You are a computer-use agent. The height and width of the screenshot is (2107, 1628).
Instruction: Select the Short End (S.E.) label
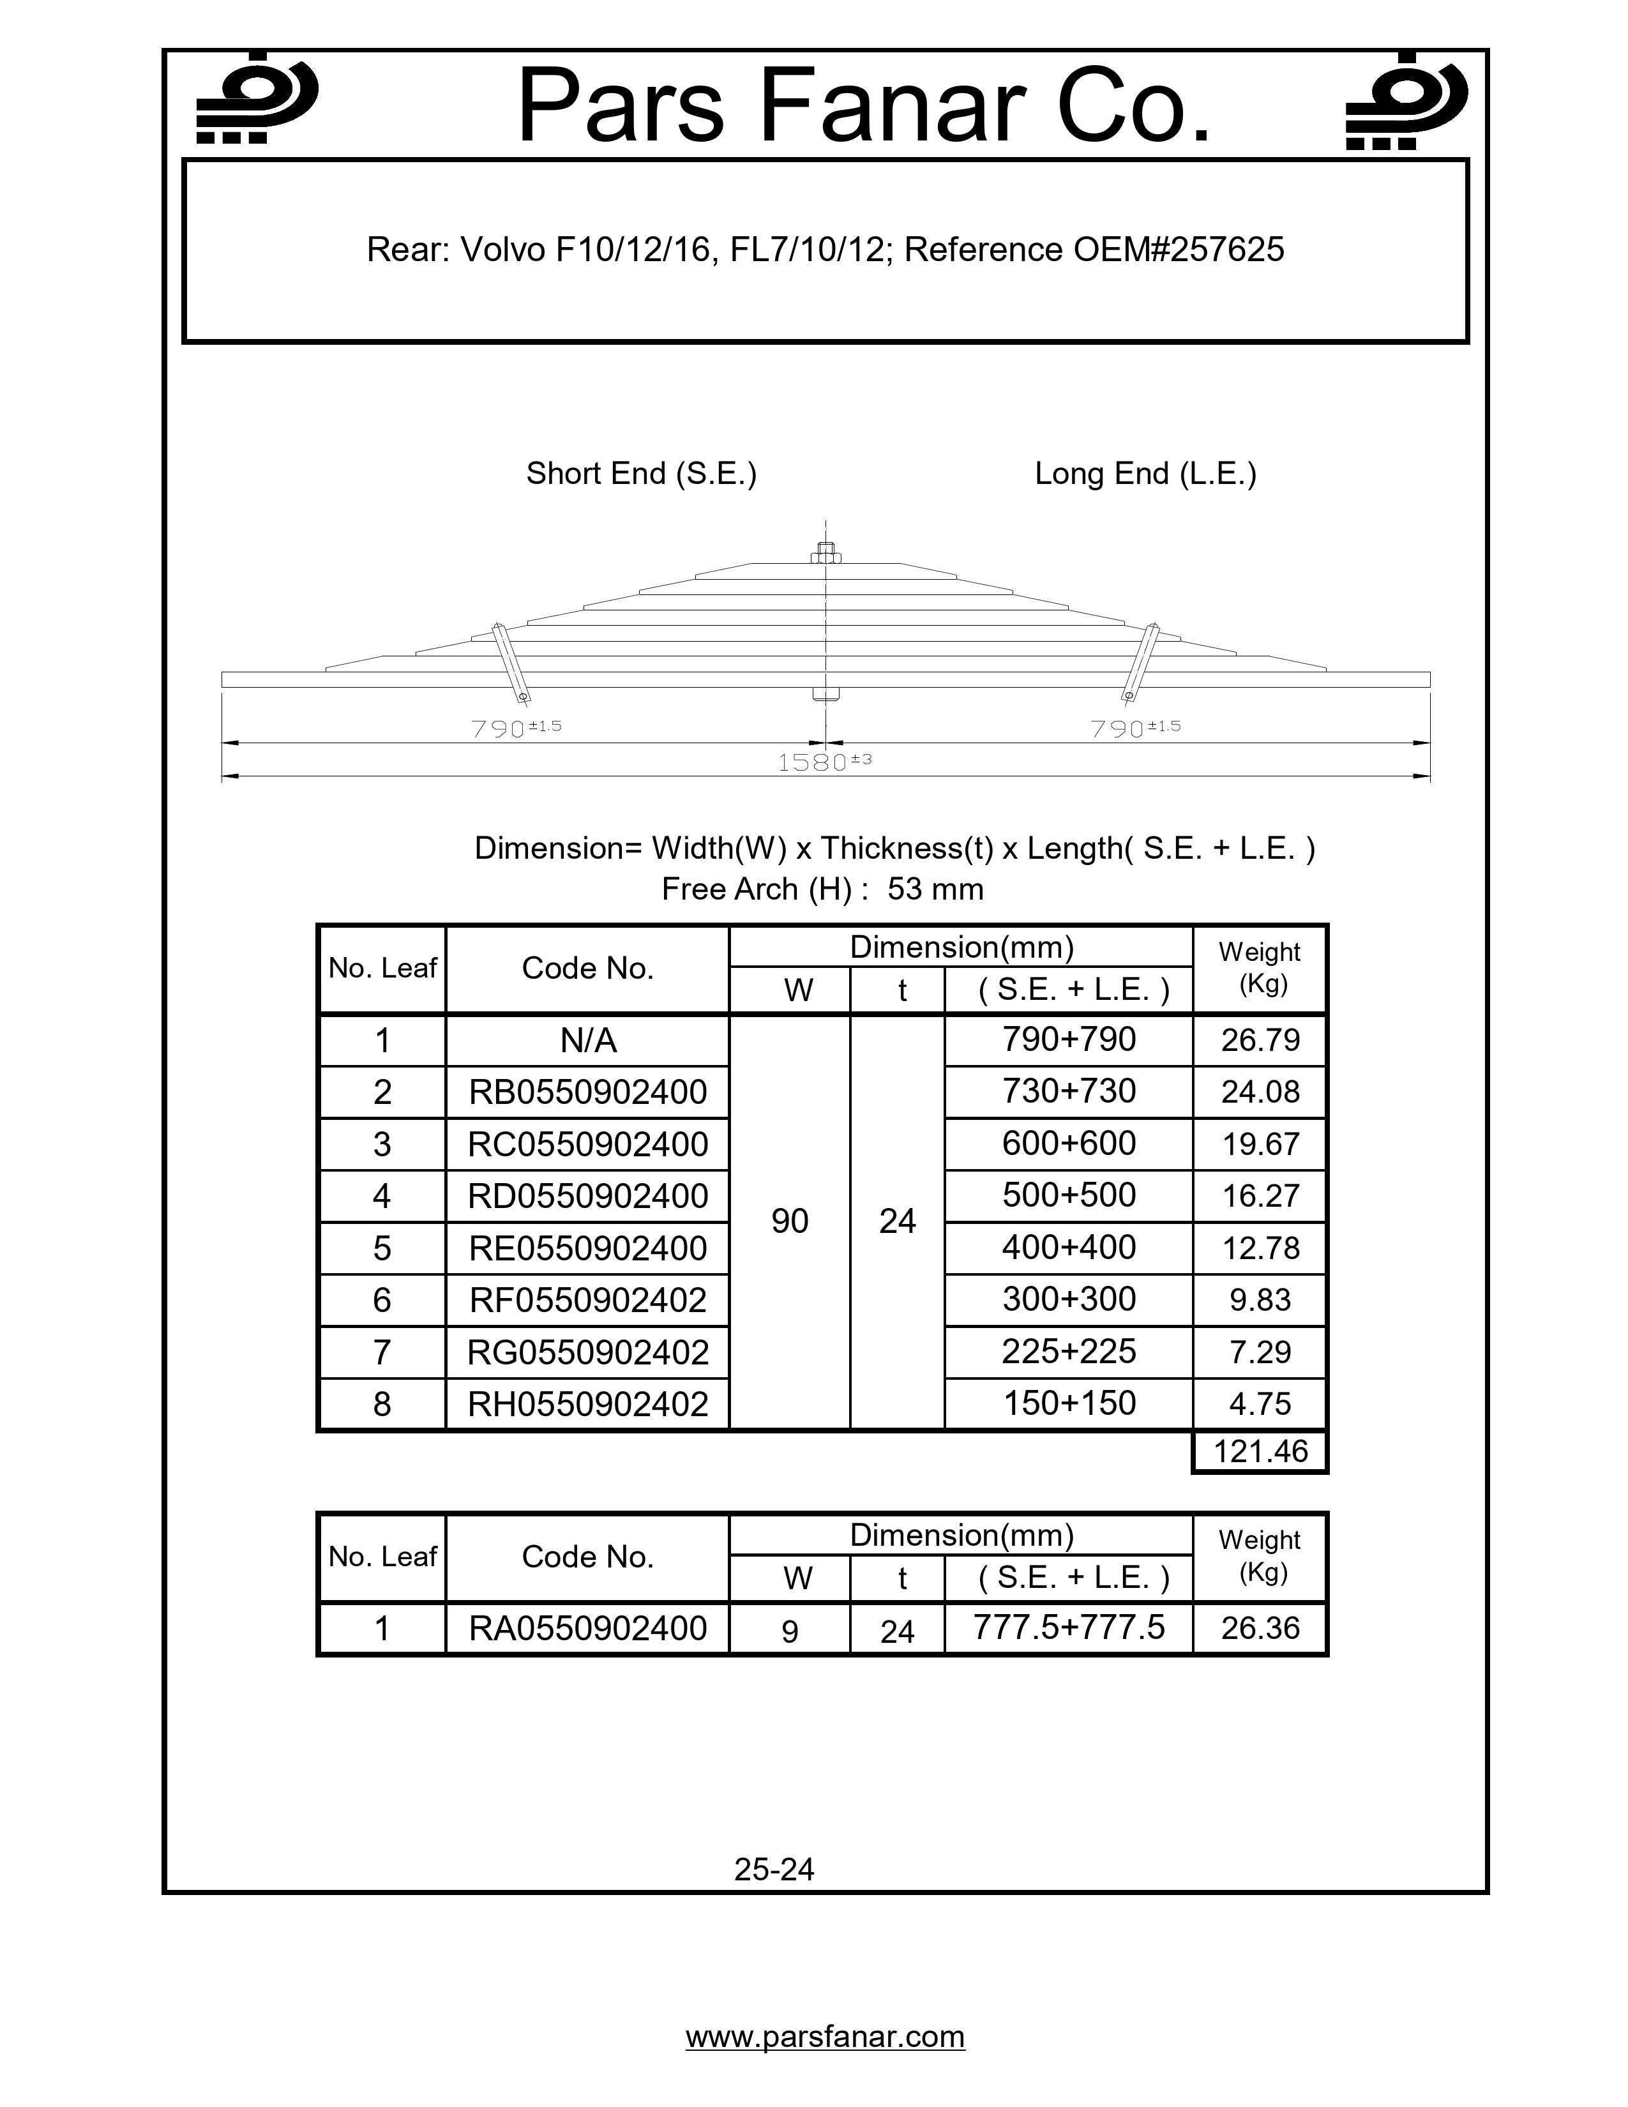pyautogui.click(x=642, y=474)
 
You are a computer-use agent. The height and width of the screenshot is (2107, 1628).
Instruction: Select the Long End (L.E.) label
pyautogui.click(x=1145, y=474)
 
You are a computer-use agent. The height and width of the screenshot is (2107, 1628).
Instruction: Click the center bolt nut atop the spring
pyautogui.click(x=825, y=554)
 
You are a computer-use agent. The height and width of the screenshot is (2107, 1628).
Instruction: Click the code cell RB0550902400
pyautogui.click(x=587, y=1092)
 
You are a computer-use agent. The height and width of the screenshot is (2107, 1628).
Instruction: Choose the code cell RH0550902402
pyautogui.click(x=587, y=1403)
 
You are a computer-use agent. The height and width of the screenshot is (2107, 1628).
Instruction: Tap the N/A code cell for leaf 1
pyautogui.click(x=587, y=1040)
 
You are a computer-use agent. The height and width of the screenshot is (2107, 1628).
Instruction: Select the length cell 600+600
pyautogui.click(x=1069, y=1144)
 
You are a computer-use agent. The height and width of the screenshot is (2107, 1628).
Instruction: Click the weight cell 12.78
pyautogui.click(x=1260, y=1248)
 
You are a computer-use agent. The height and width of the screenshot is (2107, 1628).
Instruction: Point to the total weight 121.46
pyautogui.click(x=1260, y=1452)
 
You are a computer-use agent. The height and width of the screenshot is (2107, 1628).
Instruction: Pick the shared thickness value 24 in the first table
pyautogui.click(x=897, y=1221)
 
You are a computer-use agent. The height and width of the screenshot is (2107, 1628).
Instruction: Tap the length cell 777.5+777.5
pyautogui.click(x=1069, y=1627)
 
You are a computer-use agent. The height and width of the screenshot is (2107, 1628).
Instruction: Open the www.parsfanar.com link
pyautogui.click(x=825, y=2037)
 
